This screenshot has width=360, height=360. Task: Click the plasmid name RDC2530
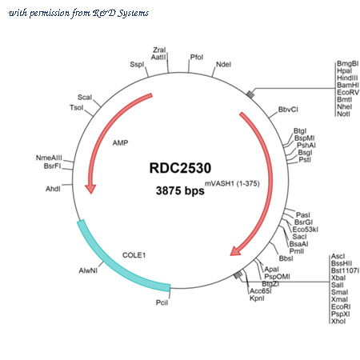180,168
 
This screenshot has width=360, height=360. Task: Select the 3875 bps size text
180,190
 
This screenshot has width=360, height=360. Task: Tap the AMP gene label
120,143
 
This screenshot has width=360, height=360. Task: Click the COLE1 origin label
134,255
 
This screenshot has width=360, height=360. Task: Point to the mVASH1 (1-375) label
232,183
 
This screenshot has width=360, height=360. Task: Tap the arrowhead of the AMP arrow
90,189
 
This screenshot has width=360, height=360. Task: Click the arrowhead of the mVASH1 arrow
236,250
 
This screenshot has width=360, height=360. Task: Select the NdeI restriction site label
223,64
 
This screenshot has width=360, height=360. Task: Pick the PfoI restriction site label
197,57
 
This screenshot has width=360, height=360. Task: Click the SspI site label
137,64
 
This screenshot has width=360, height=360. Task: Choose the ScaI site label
85,98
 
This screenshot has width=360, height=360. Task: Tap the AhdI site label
53,189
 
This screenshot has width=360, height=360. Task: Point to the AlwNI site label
88,270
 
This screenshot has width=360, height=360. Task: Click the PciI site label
162,302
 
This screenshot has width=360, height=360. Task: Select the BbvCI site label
288,110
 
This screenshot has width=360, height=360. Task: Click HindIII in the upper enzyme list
347,78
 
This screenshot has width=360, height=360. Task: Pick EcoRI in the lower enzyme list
341,306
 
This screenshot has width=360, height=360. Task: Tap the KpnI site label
257,298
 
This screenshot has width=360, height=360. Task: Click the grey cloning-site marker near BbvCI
250,94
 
